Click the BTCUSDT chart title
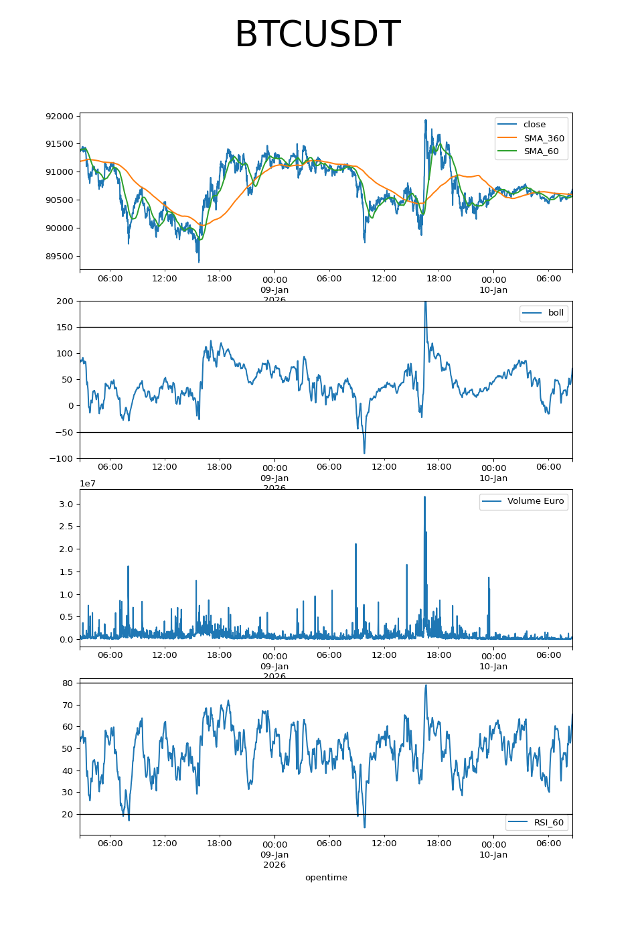pos(317,35)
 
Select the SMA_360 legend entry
pos(544,138)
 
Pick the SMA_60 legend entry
pos(541,151)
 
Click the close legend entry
pos(534,125)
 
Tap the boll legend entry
pos(556,313)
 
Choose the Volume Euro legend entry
pos(535,501)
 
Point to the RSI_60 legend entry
pos(548,823)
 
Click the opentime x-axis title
pos(326,878)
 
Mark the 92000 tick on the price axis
pos(60,117)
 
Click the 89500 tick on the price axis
pos(60,257)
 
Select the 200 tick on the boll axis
pos(65,301)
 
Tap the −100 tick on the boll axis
pos(62,459)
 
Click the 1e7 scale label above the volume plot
pos(88,484)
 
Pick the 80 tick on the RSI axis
pos(68,683)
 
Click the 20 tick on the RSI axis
pos(68,815)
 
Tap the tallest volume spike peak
pos(424,497)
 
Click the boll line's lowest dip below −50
pos(364,453)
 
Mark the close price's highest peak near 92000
pos(425,121)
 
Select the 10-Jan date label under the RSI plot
pos(493,855)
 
